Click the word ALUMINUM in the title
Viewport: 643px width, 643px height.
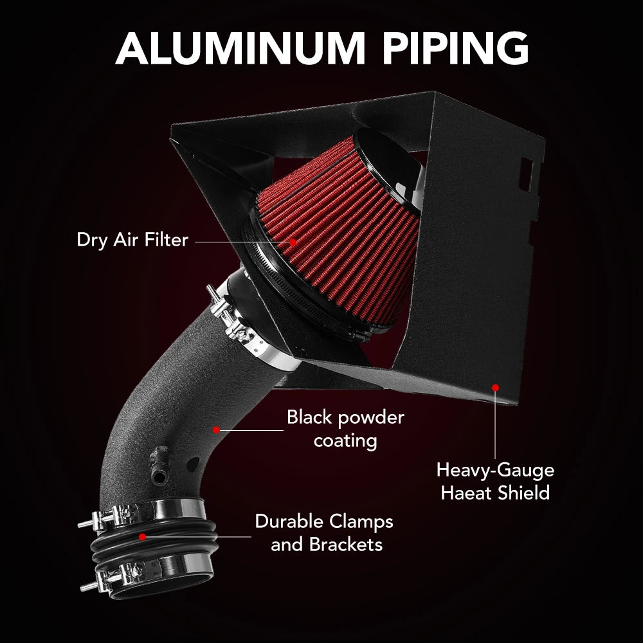[x=240, y=48]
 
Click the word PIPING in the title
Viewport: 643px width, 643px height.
[x=455, y=48]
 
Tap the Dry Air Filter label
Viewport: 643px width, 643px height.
[x=132, y=240]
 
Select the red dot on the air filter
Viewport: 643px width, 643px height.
[x=293, y=242]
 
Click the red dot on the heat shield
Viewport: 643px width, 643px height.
[x=495, y=388]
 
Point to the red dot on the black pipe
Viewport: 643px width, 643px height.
[x=217, y=430]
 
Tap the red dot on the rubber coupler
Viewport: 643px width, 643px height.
[x=142, y=537]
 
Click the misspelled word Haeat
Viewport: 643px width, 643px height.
[x=466, y=493]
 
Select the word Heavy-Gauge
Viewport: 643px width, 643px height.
[x=495, y=470]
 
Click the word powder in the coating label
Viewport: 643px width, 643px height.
[x=372, y=419]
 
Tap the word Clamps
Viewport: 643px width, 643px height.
[x=361, y=522]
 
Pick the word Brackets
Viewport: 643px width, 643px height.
[x=346, y=545]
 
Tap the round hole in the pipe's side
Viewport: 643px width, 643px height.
[x=192, y=465]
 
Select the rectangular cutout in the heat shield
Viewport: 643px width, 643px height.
[x=527, y=174]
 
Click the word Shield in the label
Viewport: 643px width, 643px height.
[x=523, y=493]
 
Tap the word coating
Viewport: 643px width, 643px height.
[x=345, y=441]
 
